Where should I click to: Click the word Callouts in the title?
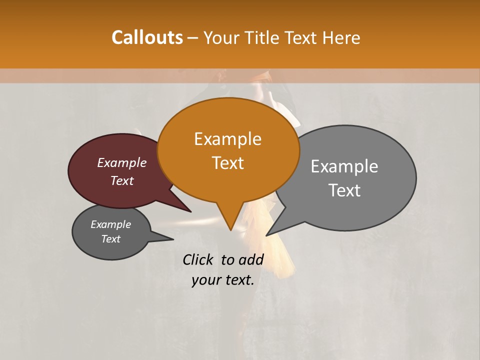pyautogui.click(x=147, y=37)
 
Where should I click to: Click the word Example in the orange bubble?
pyautogui.click(x=227, y=139)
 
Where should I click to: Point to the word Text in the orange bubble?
pyautogui.click(x=227, y=163)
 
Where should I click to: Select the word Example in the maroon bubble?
pyautogui.click(x=122, y=162)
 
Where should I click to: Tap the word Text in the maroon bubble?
pyautogui.click(x=122, y=180)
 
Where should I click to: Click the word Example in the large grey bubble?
pyautogui.click(x=344, y=166)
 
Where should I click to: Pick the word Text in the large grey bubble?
pyautogui.click(x=344, y=190)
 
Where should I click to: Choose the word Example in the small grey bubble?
pyautogui.click(x=110, y=224)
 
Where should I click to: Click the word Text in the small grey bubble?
pyautogui.click(x=110, y=238)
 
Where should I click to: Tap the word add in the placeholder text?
pyautogui.click(x=251, y=259)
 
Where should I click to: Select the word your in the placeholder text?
pyautogui.click(x=205, y=280)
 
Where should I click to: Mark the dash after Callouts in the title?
pyautogui.click(x=193, y=38)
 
